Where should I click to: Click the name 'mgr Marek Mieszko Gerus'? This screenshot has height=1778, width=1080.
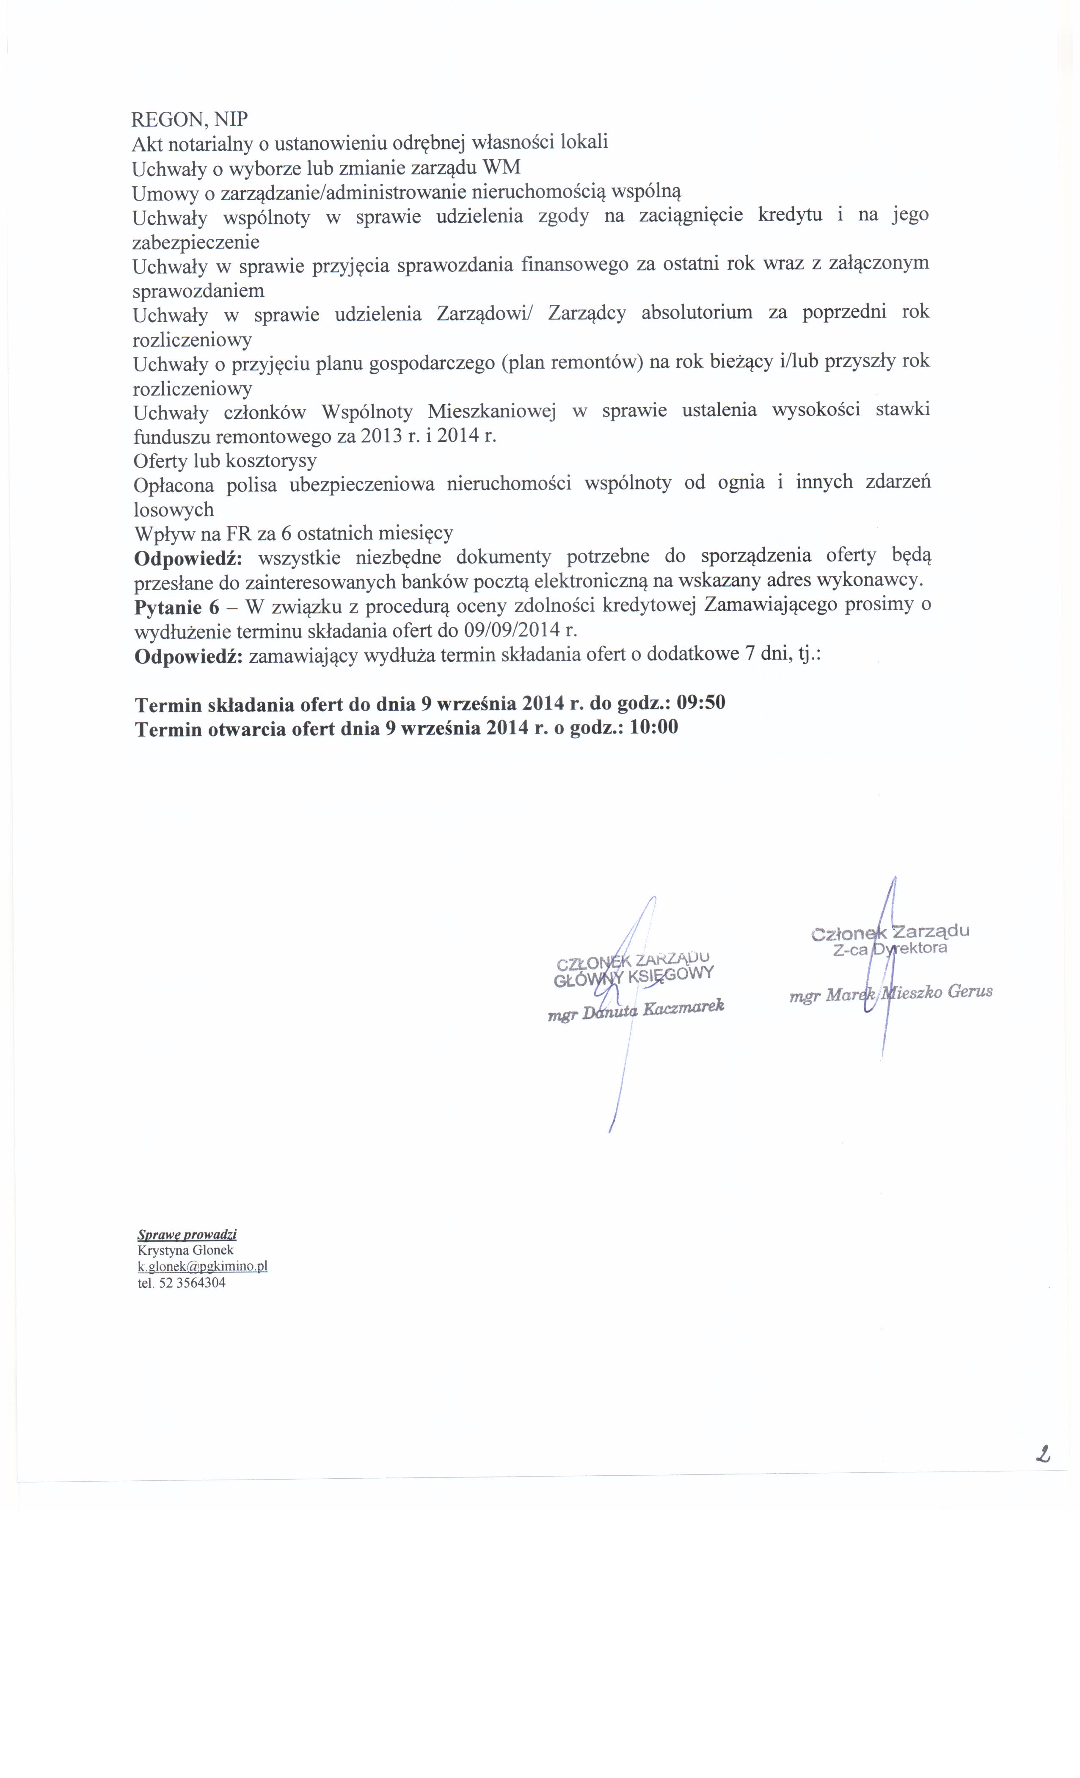point(891,994)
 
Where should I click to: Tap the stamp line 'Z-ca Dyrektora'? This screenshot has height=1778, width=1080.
point(890,949)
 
